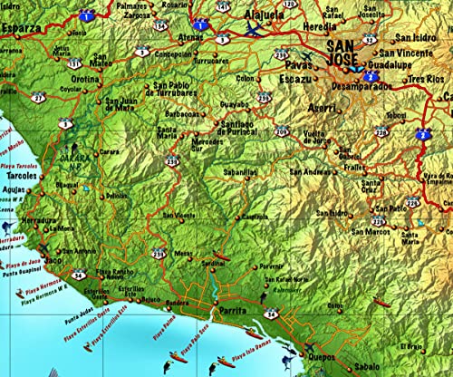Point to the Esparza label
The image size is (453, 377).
[x=22, y=28]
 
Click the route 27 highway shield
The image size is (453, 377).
[x=37, y=97]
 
